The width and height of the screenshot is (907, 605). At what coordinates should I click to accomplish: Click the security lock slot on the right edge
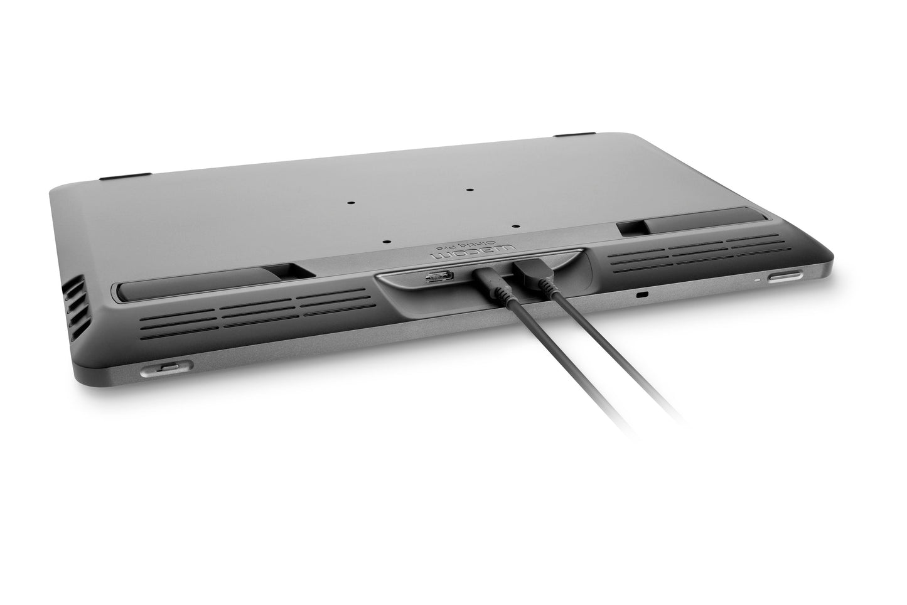pyautogui.click(x=641, y=294)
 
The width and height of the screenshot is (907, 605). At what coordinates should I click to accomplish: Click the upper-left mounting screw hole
pyautogui.click(x=352, y=203)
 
